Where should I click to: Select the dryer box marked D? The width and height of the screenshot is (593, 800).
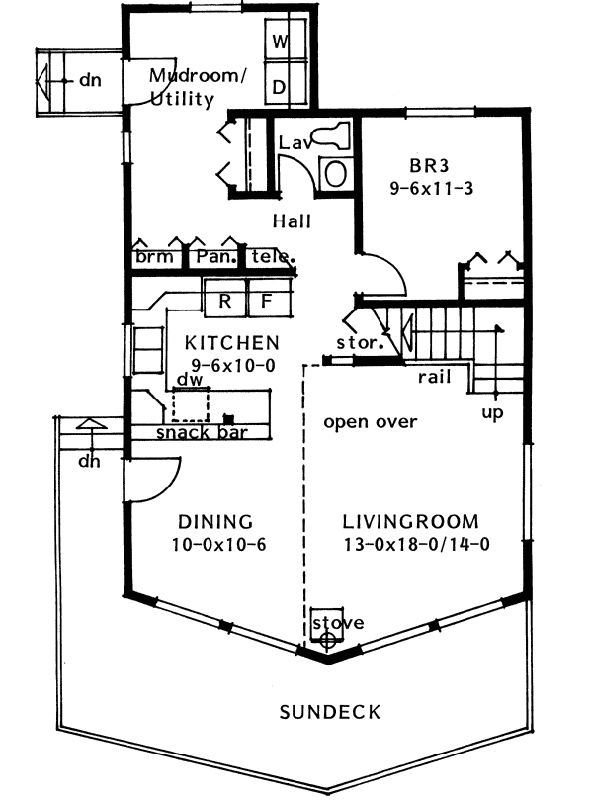pyautogui.click(x=280, y=88)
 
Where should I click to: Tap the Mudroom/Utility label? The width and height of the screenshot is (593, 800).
pyautogui.click(x=195, y=87)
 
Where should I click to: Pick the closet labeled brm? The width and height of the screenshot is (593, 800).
pyautogui.click(x=154, y=257)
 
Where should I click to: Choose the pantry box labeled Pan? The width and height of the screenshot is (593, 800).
pyautogui.click(x=213, y=257)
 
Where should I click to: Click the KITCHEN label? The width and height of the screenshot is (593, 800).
pyautogui.click(x=232, y=342)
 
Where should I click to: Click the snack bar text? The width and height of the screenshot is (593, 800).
pyautogui.click(x=200, y=432)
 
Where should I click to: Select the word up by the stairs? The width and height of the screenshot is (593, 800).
pyautogui.click(x=492, y=412)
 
